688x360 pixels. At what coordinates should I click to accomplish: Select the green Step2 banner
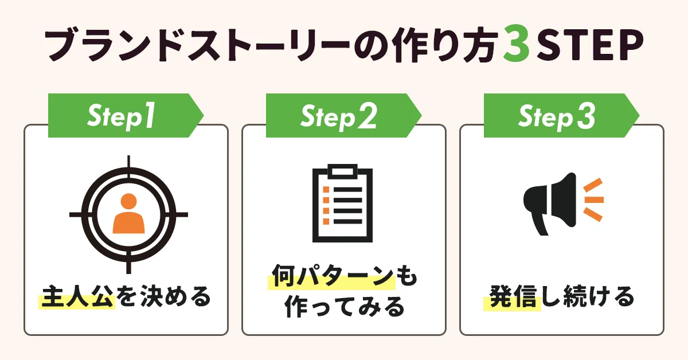(x=338, y=116)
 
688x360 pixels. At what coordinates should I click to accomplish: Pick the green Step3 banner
(x=556, y=116)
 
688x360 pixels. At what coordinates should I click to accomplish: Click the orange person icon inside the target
(x=128, y=213)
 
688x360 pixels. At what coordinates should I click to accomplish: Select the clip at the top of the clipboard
(x=342, y=170)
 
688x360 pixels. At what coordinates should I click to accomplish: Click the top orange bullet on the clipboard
(x=326, y=189)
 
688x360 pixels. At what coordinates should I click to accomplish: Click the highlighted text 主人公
(x=77, y=297)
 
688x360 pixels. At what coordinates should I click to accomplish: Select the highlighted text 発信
(x=512, y=297)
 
